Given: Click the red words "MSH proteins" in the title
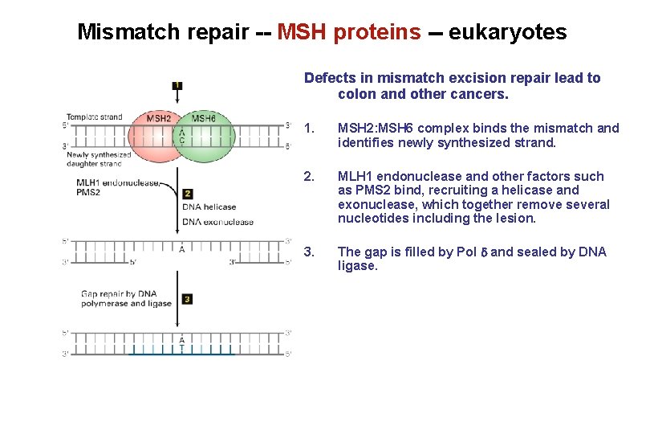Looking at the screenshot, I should point(349,32).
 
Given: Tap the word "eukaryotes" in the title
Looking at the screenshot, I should point(507,32).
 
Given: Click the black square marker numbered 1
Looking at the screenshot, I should point(177,85).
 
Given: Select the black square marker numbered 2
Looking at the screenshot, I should point(187,194).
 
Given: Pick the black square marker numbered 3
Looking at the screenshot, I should point(187,299).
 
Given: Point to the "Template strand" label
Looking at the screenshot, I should point(94,117).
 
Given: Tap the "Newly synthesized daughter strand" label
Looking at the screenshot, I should point(98,159).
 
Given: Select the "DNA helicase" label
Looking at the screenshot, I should point(209,207).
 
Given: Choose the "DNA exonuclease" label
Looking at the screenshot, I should point(217,222).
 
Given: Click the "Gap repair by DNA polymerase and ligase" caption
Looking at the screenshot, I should point(126,299).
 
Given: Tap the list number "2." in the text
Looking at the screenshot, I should point(311,176).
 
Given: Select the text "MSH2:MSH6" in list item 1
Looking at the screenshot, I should point(376,128).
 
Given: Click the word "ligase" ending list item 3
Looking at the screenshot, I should point(357,266).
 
